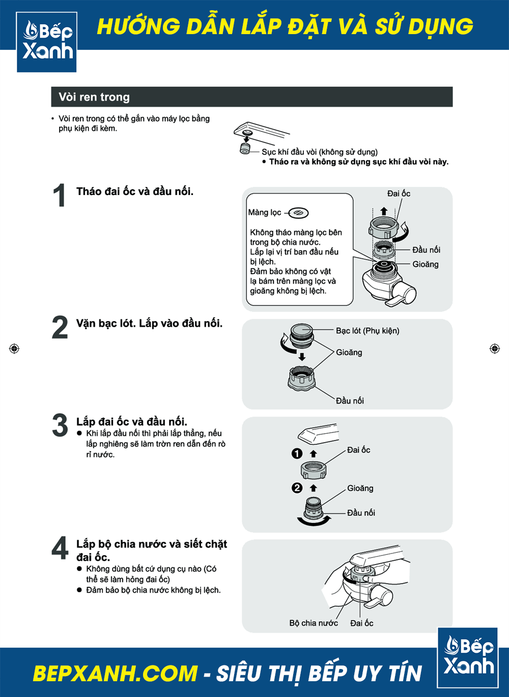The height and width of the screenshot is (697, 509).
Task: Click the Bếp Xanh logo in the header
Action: pyautogui.click(x=47, y=42)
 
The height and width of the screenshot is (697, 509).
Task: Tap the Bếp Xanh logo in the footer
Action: pyautogui.click(x=468, y=657)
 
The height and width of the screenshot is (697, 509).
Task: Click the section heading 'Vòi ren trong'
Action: pyautogui.click(x=94, y=97)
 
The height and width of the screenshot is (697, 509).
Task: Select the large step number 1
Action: pyautogui.click(x=59, y=195)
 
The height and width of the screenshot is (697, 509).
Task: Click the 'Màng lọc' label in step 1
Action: pyautogui.click(x=265, y=212)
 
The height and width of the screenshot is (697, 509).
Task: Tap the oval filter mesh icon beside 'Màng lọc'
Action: pyautogui.click(x=299, y=213)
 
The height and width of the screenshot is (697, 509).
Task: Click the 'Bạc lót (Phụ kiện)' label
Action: pyautogui.click(x=367, y=330)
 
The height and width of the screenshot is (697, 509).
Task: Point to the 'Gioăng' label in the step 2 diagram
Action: pyautogui.click(x=349, y=352)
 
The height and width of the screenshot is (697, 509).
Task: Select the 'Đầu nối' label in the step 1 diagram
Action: pyautogui.click(x=426, y=250)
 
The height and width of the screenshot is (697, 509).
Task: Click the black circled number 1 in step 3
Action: pyautogui.click(x=297, y=453)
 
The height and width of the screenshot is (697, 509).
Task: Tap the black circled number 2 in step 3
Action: pyautogui.click(x=297, y=488)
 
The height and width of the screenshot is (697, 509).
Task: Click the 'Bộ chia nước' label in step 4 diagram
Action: pyautogui.click(x=314, y=623)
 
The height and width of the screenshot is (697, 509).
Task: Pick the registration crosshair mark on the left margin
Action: pyautogui.click(x=14, y=349)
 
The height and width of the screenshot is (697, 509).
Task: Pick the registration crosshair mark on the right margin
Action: pyautogui.click(x=495, y=349)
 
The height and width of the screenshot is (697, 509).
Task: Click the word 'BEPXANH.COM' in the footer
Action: pyautogui.click(x=115, y=674)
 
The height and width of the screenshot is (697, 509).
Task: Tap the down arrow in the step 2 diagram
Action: pyautogui.click(x=302, y=356)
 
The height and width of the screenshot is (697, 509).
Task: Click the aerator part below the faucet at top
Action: pyautogui.click(x=245, y=149)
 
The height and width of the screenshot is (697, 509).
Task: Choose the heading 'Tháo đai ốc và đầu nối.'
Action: pyautogui.click(x=135, y=191)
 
